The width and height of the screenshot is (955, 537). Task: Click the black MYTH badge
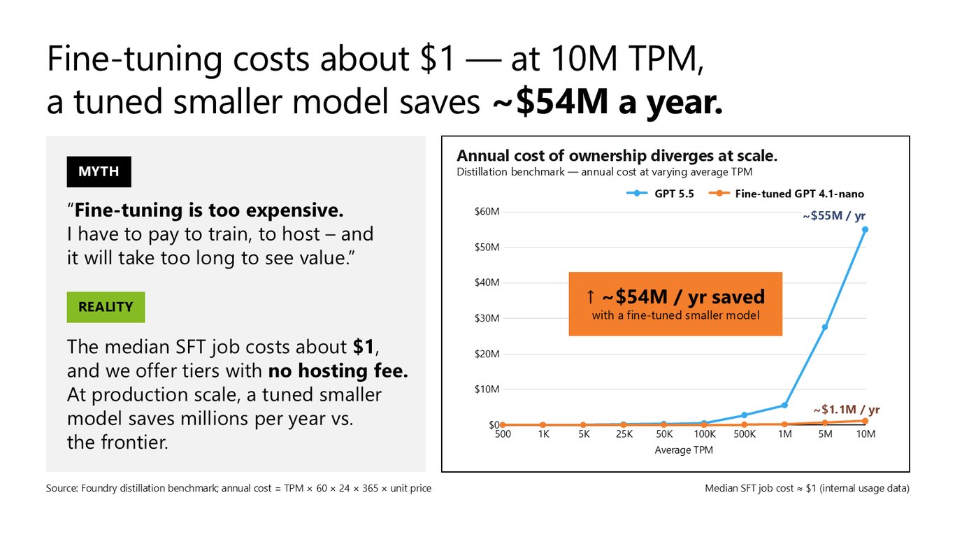pyautogui.click(x=99, y=172)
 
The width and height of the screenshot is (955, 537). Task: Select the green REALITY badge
pyautogui.click(x=106, y=307)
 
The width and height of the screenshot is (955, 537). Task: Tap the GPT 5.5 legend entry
pyautogui.click(x=660, y=194)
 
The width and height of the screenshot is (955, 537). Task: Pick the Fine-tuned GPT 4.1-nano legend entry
pyautogui.click(x=787, y=194)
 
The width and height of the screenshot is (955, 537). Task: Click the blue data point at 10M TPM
pyautogui.click(x=865, y=229)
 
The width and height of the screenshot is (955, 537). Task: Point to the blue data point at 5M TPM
pyautogui.click(x=825, y=327)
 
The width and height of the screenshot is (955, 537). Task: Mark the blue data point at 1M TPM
pyautogui.click(x=784, y=405)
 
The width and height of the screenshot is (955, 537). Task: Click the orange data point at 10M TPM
pyautogui.click(x=865, y=421)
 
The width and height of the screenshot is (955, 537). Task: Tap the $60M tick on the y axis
pyautogui.click(x=487, y=212)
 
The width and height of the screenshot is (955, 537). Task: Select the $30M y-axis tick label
pyautogui.click(x=487, y=318)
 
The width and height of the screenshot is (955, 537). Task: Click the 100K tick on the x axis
pyautogui.click(x=704, y=434)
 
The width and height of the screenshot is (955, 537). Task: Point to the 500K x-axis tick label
pyautogui.click(x=745, y=434)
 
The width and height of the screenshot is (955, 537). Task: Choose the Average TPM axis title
pyautogui.click(x=684, y=450)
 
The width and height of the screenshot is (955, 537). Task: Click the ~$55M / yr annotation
pyautogui.click(x=834, y=216)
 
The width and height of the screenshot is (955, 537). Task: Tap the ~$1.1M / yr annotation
pyautogui.click(x=847, y=410)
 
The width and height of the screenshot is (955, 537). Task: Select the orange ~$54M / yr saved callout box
pyautogui.click(x=675, y=303)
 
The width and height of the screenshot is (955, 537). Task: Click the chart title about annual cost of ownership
pyautogui.click(x=617, y=156)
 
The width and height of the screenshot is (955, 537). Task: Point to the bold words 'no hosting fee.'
pyautogui.click(x=338, y=371)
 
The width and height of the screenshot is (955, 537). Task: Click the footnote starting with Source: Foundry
pyautogui.click(x=239, y=488)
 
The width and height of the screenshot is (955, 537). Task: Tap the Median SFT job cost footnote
pyautogui.click(x=807, y=488)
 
